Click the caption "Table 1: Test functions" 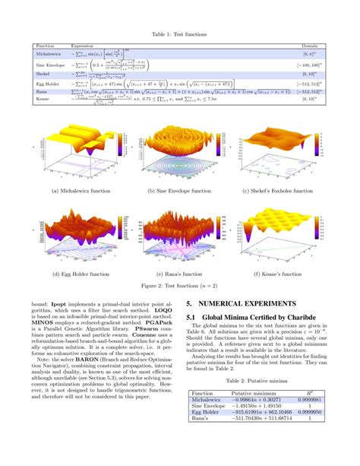180,35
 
